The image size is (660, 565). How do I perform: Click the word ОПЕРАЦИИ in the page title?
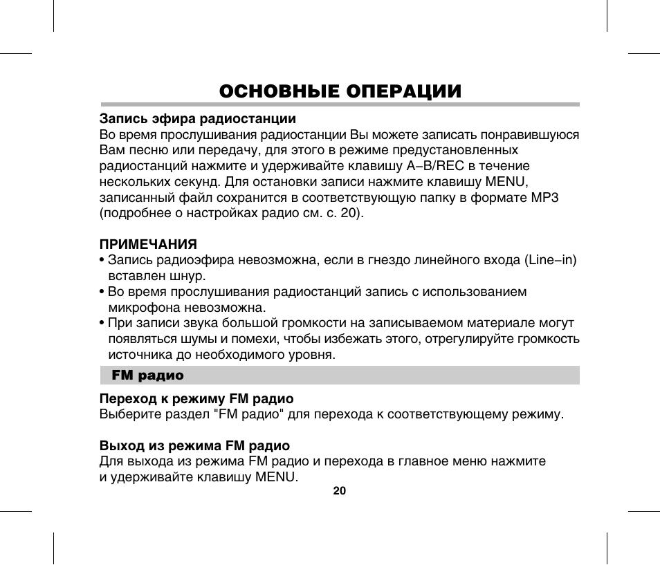pos(398,91)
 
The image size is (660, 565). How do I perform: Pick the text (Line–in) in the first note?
pos(551,260)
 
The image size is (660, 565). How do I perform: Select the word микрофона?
pos(143,307)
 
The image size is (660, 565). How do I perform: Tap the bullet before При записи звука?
pos(102,324)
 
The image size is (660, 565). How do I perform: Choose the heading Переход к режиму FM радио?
pos(197,399)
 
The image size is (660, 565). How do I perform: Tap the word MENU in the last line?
pos(276,477)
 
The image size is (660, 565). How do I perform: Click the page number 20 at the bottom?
pos(339,490)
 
